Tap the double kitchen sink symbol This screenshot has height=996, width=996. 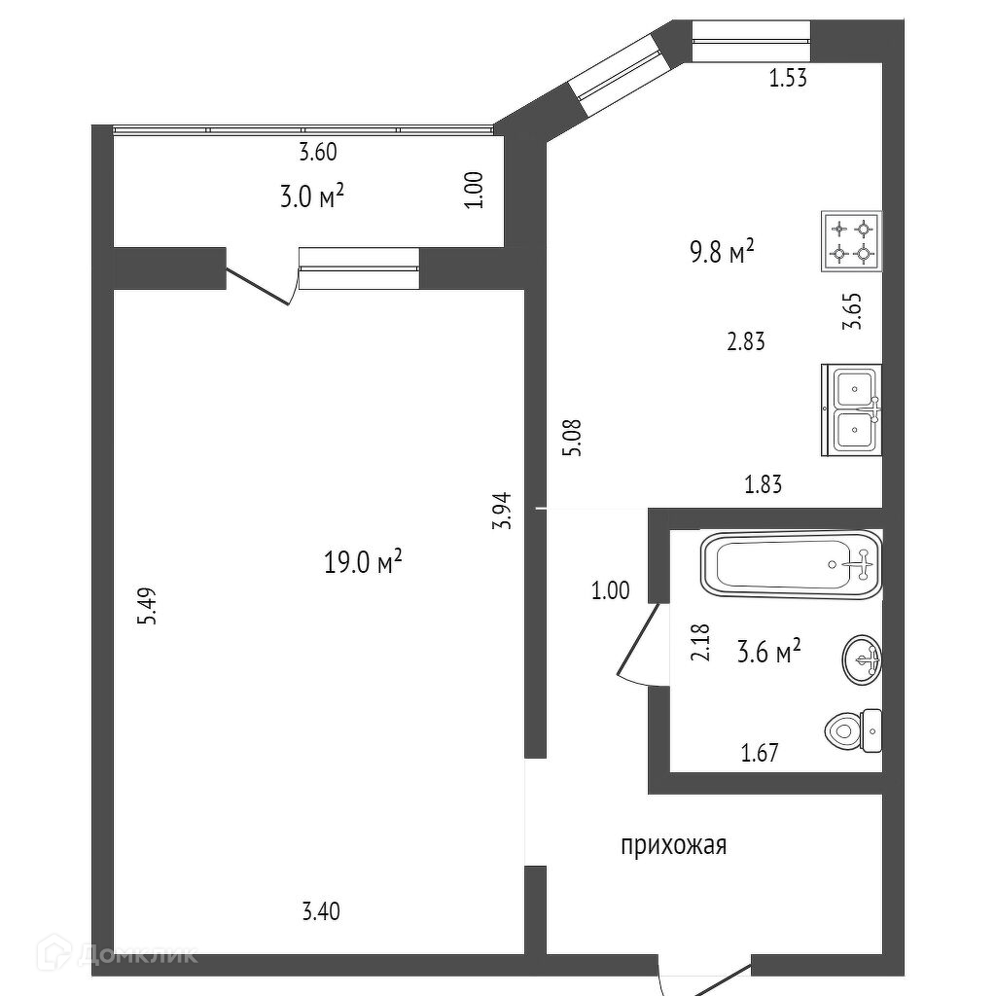[851, 409]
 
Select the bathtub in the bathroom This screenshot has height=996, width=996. [790, 564]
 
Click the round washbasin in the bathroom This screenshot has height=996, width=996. [861, 660]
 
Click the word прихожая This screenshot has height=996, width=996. [673, 846]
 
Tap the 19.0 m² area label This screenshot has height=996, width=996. [363, 561]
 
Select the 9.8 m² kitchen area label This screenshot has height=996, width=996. [722, 254]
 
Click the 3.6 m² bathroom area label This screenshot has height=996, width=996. [769, 652]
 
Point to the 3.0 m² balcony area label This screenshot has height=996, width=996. [312, 197]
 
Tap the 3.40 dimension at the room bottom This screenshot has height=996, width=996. [321, 912]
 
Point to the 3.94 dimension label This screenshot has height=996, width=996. [502, 510]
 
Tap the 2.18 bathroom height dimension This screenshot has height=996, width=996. [699, 643]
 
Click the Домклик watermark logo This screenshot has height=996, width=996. [135, 954]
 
